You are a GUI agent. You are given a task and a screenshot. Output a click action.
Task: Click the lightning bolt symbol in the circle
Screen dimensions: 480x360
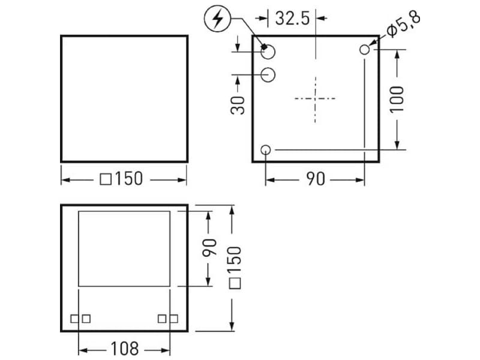[x=218, y=19]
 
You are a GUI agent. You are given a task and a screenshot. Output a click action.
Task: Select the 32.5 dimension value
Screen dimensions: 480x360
[x=292, y=19]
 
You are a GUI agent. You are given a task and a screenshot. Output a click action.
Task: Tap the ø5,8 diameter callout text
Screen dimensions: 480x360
[x=404, y=24]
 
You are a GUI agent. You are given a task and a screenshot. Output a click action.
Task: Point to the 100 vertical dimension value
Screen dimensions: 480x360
[x=397, y=100]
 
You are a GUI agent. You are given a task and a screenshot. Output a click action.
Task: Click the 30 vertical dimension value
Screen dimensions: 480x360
[x=238, y=106]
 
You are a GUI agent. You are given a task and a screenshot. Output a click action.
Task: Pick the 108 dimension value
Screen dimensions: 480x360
[x=125, y=349]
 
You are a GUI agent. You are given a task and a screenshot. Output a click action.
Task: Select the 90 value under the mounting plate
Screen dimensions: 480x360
[x=316, y=179]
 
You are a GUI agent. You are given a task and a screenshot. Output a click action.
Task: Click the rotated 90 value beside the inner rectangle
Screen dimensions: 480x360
[x=209, y=247]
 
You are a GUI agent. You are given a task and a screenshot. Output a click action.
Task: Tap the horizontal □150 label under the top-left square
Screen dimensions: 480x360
[x=122, y=179]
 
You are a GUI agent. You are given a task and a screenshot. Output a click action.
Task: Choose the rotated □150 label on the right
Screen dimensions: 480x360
[x=235, y=268]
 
